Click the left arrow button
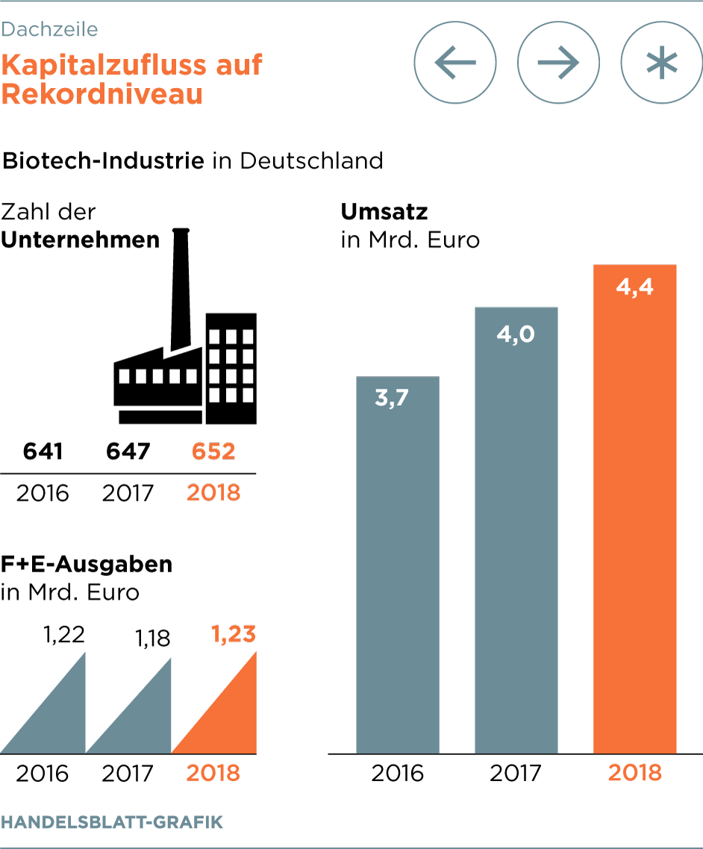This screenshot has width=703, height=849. [x=455, y=63]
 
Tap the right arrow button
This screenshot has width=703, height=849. [x=558, y=63]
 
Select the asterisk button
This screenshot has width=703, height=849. [x=661, y=63]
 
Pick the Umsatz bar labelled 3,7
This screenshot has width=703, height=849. [x=397, y=567]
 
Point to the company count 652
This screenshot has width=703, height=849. [x=213, y=451]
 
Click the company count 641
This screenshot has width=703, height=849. [x=43, y=451]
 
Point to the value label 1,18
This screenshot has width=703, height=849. [x=153, y=639]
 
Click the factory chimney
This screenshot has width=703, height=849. [x=179, y=291]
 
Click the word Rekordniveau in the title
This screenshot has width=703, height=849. [x=102, y=94]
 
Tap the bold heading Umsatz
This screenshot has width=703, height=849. [x=384, y=212]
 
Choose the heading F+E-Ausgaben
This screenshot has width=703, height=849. [x=87, y=564]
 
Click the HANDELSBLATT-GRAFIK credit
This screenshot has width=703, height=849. [x=112, y=822]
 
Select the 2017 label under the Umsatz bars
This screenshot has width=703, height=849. [x=516, y=772]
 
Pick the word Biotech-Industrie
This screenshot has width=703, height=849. [x=104, y=160]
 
